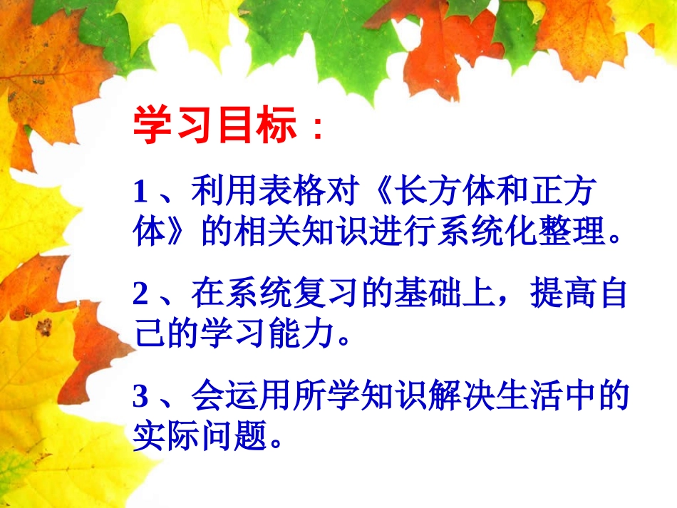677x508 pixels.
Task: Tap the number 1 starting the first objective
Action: pyautogui.click(x=140, y=192)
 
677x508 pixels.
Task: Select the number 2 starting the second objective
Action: pyautogui.click(x=140, y=294)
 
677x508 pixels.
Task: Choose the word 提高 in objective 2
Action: pyautogui.click(x=562, y=294)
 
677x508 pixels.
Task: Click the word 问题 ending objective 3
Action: pyautogui.click(x=236, y=435)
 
